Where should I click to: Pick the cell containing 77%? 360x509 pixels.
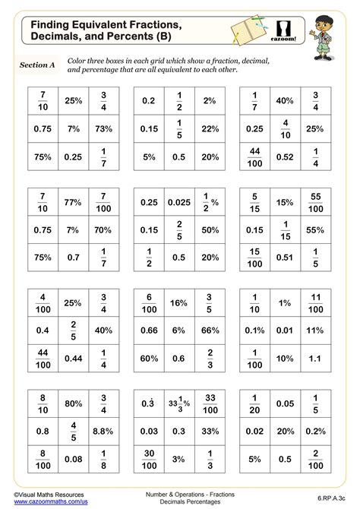point(73,202)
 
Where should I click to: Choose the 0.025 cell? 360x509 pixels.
point(179,202)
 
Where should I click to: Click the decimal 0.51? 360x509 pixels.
point(286,257)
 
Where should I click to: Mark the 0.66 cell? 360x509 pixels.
point(149,330)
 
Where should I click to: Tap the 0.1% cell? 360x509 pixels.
point(255,330)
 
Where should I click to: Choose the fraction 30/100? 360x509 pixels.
point(149,459)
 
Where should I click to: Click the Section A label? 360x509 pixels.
point(38,65)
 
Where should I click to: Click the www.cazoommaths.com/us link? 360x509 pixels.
point(47,502)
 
